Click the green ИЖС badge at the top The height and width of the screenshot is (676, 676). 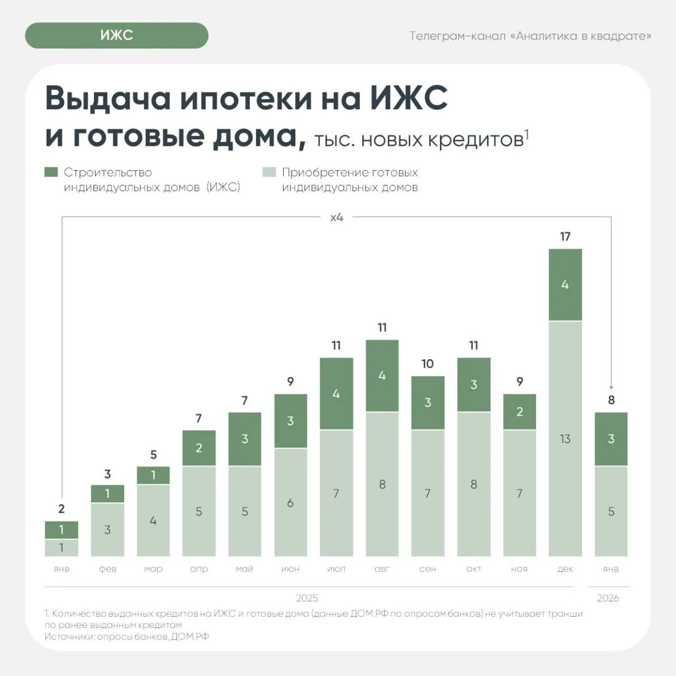(116, 35)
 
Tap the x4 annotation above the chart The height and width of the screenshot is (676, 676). (336, 217)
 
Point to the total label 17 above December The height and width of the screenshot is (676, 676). (565, 237)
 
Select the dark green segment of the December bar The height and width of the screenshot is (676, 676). (565, 285)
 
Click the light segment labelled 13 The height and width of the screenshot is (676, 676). (565, 438)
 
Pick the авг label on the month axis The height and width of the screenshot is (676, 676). (382, 569)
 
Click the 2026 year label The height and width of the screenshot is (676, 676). (608, 598)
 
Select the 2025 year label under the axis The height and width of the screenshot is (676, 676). (307, 598)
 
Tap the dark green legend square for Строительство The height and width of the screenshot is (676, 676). (51, 172)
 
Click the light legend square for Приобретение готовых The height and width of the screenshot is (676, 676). (269, 172)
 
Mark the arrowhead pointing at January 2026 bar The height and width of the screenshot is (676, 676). (611, 387)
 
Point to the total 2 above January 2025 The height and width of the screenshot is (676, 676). (61, 509)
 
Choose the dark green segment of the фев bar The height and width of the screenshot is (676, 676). (107, 494)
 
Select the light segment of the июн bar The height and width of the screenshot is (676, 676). (290, 502)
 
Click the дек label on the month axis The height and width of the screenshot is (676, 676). (565, 569)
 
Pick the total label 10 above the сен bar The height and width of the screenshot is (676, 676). (427, 364)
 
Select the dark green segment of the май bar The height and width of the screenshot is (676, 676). (245, 439)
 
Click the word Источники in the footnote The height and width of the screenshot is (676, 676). (69, 636)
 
